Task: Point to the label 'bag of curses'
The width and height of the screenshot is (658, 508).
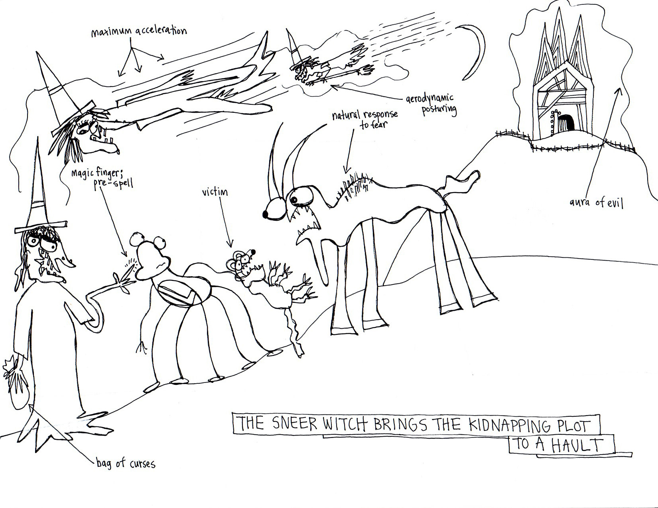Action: tap(125, 463)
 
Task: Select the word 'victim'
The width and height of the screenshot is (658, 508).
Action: tap(215, 192)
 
